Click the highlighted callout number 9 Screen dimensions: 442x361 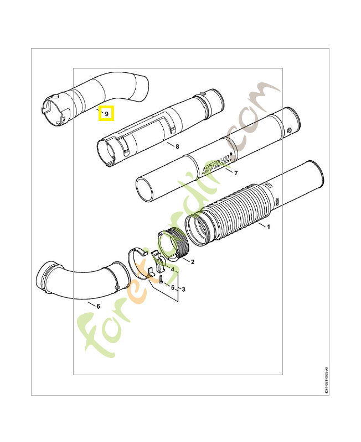pos(106,113)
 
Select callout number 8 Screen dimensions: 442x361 pos(177,146)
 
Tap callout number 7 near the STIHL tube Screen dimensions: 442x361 pos(236,173)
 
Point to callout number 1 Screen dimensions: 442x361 pos(269,227)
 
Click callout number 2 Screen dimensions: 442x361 pos(192,261)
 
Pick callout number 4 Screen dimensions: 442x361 pos(172,270)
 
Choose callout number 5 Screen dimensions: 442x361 pos(172,288)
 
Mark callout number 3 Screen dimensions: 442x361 pos(183,289)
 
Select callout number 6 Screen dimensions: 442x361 pos(98,306)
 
